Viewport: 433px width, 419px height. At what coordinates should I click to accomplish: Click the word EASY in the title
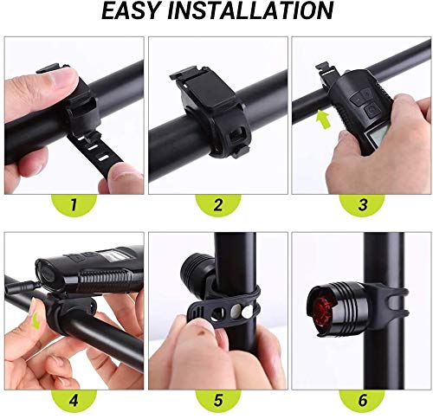tap(130, 10)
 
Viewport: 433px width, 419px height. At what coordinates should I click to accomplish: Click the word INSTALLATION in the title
tap(250, 10)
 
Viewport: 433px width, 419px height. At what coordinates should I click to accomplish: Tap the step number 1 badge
tap(74, 204)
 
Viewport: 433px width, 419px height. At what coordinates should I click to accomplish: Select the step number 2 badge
tap(218, 204)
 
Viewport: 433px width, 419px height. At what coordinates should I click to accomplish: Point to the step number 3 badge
tap(362, 204)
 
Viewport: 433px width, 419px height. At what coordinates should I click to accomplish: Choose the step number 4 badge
tap(74, 400)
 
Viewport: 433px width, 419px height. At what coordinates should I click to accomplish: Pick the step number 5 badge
tap(218, 400)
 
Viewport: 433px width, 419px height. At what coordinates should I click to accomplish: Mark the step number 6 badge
tap(362, 400)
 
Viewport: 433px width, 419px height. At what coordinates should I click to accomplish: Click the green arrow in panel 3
tap(324, 120)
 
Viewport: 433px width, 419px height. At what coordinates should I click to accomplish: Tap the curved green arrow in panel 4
tap(36, 321)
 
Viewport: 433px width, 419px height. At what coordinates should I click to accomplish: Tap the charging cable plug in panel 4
tap(23, 286)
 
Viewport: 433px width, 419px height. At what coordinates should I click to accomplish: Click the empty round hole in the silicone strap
tap(217, 314)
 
